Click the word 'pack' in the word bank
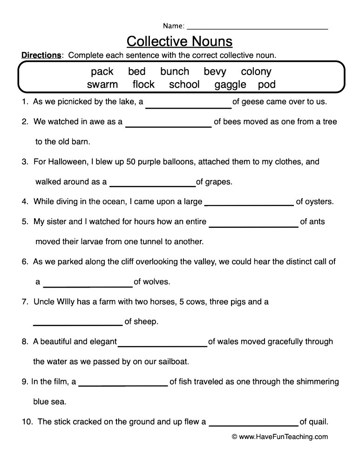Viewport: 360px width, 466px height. pyautogui.click(x=102, y=71)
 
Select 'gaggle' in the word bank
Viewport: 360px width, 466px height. pyautogui.click(x=230, y=84)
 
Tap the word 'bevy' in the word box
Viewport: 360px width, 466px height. pyautogui.click(x=215, y=71)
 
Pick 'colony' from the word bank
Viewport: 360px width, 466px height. pyautogui.click(x=256, y=71)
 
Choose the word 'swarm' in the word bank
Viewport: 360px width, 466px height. pyautogui.click(x=102, y=84)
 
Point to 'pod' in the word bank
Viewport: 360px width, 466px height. pyautogui.click(x=267, y=84)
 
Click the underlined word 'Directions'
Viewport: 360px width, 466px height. pyautogui.click(x=41, y=55)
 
